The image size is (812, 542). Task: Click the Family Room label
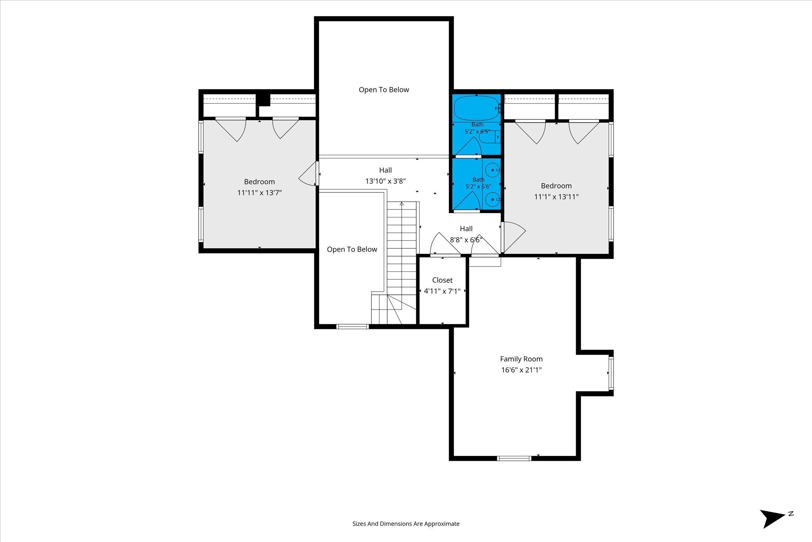521,359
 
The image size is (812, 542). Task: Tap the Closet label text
442,280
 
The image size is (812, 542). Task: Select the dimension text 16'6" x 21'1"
521,370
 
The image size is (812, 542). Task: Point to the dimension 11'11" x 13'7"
259,193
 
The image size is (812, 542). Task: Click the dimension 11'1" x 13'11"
556,197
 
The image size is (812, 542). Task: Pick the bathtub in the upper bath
476,108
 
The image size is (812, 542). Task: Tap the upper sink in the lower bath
493,170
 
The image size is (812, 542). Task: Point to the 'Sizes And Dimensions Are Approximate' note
406,524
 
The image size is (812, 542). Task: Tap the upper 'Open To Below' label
384,90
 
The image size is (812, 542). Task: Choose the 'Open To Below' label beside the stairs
352,250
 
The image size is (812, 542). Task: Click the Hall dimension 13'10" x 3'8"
385,181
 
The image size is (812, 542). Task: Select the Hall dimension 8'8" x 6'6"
466,240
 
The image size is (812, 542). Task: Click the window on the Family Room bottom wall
514,458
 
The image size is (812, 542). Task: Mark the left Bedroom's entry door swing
308,174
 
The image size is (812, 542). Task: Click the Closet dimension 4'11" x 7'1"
442,291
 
